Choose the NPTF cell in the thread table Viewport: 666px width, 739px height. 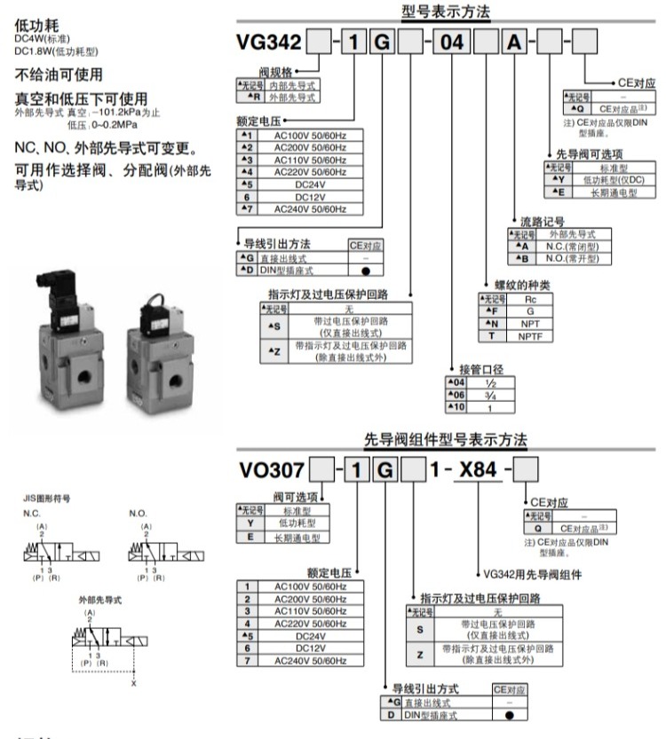pos(529,336)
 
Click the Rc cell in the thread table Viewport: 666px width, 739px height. pos(529,299)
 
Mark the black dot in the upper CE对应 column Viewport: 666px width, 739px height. pos(365,270)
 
